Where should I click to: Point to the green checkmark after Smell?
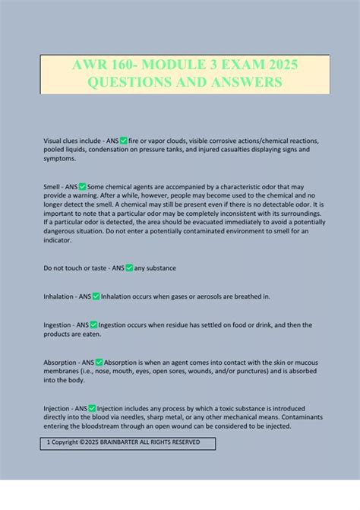tap(83, 186)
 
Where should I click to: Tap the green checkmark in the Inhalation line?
tap(96, 296)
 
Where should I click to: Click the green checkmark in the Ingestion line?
tap(93, 325)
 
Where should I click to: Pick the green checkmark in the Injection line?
tap(92, 408)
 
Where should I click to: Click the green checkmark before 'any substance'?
tap(130, 268)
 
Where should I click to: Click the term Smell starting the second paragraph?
tap(52, 186)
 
